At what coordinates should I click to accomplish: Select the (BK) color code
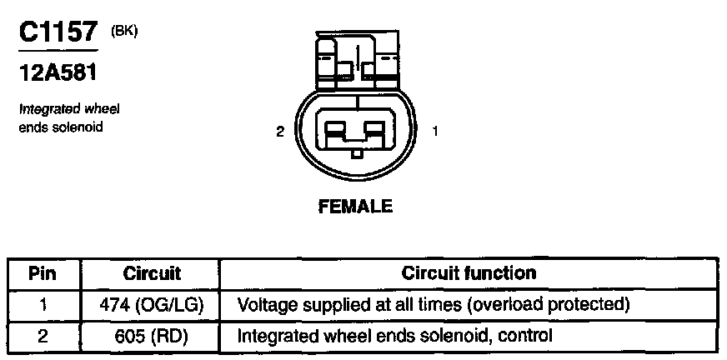123,31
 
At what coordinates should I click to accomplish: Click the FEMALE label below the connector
355,207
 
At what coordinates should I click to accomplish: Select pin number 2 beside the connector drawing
282,131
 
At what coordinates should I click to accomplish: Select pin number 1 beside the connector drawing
434,131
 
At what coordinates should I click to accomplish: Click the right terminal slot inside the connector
374,130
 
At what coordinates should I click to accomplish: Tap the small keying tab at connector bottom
356,153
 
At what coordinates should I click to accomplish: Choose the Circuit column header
152,273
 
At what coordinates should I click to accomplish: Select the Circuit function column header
469,273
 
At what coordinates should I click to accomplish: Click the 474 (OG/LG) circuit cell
153,304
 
